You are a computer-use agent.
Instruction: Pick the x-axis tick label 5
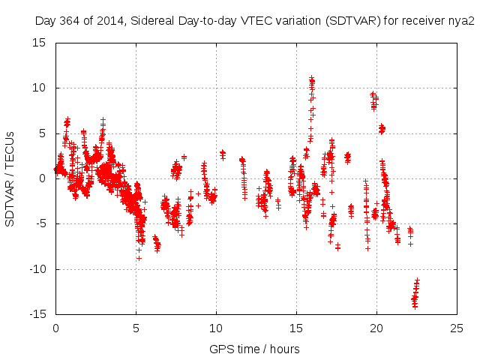click(x=136, y=328)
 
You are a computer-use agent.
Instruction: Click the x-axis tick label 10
click(x=216, y=328)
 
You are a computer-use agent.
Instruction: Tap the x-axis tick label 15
click(x=296, y=328)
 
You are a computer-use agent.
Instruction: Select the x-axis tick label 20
click(x=376, y=328)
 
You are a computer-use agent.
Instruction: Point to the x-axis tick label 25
click(x=457, y=328)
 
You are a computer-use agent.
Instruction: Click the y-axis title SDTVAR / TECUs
click(x=10, y=178)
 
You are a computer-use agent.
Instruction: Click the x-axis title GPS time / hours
click(x=256, y=349)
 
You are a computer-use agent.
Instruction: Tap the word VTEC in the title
click(x=257, y=20)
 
